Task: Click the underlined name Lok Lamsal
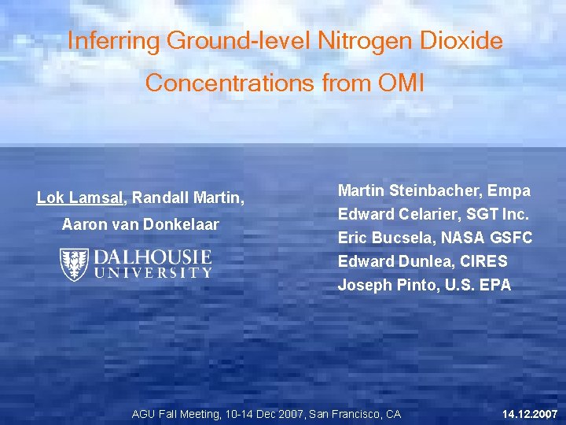tap(80, 198)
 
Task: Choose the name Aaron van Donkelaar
tap(141, 225)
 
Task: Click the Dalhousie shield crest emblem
tap(74, 264)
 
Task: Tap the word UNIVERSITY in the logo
tap(153, 273)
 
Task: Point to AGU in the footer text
tap(144, 414)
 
